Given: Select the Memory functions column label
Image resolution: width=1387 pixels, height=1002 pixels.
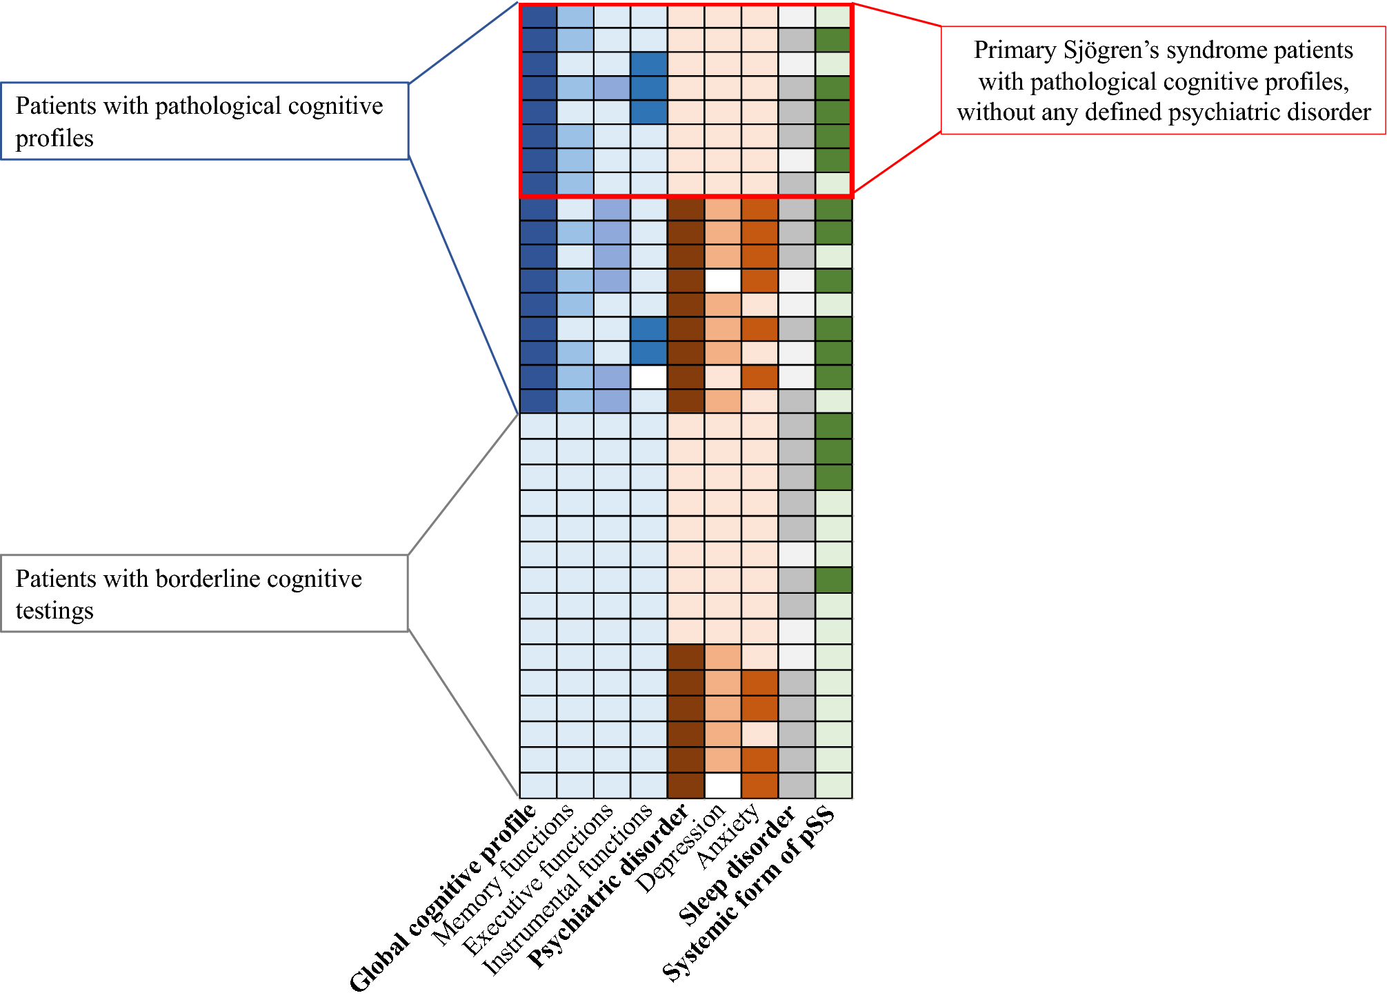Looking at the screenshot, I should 503,875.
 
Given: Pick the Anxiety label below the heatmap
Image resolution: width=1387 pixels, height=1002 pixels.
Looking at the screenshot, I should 728,837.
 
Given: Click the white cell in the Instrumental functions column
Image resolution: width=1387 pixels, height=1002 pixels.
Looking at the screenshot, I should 649,377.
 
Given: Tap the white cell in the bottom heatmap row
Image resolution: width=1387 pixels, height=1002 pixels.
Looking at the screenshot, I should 723,785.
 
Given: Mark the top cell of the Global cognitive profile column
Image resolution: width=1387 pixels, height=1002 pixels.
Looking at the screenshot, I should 538,16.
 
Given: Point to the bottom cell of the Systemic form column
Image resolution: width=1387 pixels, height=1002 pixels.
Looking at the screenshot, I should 834,785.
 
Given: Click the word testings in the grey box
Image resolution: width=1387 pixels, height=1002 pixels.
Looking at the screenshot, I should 54,611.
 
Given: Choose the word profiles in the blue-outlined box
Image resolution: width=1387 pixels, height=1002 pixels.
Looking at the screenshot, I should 54,139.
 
